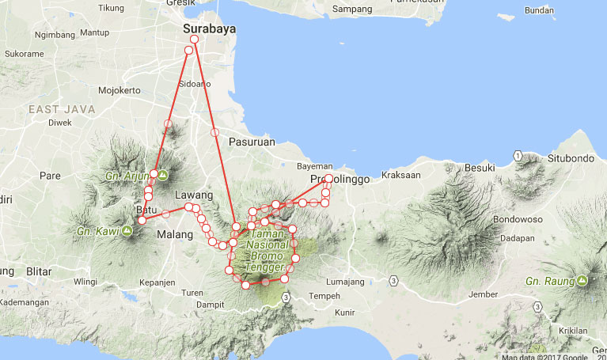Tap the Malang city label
coord(175,235)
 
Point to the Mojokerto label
coord(119,90)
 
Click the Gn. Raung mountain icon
coord(582,281)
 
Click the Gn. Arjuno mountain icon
coord(161,175)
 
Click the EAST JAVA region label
coord(61,108)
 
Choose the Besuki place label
coord(479,168)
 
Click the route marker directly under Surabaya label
coord(195,40)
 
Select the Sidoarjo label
coord(197,82)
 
